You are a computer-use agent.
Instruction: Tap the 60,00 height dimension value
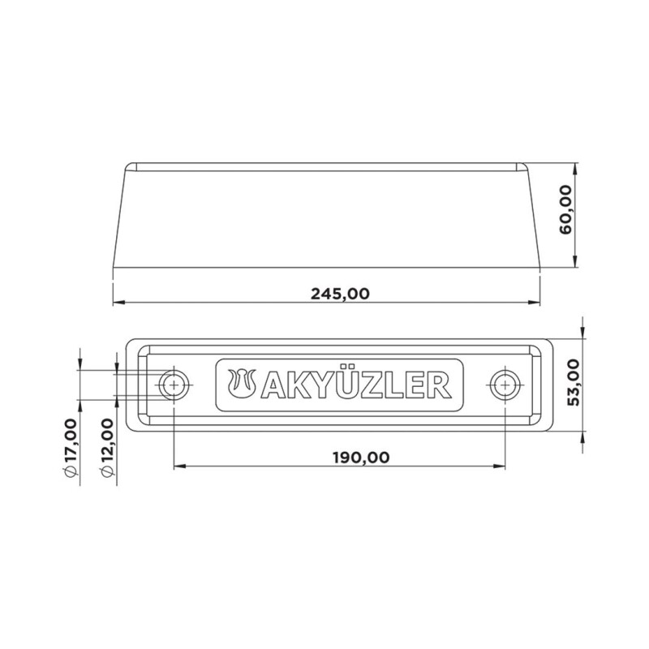pyautogui.click(x=565, y=208)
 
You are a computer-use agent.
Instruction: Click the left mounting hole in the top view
pyautogui.click(x=174, y=385)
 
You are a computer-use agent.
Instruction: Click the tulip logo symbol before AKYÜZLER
pyautogui.click(x=244, y=385)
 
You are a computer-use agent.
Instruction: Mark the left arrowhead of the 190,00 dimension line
pyautogui.click(x=179, y=466)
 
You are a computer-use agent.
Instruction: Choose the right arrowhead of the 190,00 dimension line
pyautogui.click(x=500, y=466)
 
